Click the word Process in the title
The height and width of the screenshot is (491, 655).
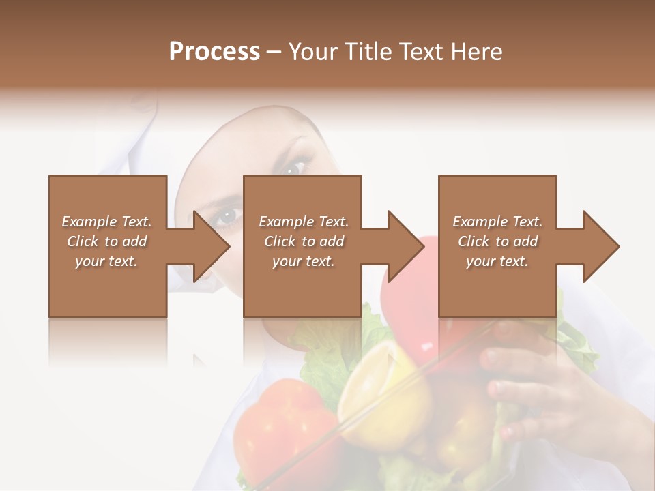pos(214,52)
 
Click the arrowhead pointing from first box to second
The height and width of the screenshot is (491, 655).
pos(212,246)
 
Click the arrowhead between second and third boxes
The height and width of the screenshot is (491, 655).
pos(406,246)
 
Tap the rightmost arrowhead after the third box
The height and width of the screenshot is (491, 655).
pos(601,246)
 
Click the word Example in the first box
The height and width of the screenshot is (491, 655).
pos(88,222)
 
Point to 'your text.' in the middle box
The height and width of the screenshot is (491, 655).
pos(303,261)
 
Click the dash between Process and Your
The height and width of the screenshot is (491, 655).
pos(274,53)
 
